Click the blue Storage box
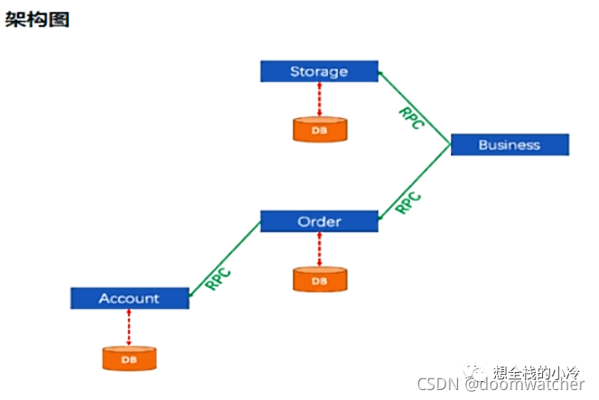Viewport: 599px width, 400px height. coord(319,71)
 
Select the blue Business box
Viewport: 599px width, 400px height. coord(510,144)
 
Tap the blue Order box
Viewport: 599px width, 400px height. coord(319,221)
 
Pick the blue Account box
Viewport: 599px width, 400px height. coord(130,298)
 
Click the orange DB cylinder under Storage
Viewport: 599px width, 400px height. coord(320,130)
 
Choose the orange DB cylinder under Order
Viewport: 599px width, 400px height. coord(320,280)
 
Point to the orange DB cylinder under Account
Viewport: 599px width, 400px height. coord(129,358)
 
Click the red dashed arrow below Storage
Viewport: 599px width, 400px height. coord(320,99)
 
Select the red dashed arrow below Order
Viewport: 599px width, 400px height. coord(320,249)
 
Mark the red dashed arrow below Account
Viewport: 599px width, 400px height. coord(129,328)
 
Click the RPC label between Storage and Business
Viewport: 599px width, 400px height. coord(411,118)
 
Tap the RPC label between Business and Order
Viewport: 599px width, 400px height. coord(408,202)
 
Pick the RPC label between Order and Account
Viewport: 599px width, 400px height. coord(218,279)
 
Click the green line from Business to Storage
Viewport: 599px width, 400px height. coord(415,107)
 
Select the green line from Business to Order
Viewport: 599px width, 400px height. coord(415,182)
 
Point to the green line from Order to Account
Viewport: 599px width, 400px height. coord(225,259)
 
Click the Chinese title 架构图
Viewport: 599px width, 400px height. coord(37,20)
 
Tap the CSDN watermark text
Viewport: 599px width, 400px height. coord(501,384)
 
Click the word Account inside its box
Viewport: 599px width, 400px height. coord(129,298)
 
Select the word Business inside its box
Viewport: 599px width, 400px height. coord(510,144)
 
